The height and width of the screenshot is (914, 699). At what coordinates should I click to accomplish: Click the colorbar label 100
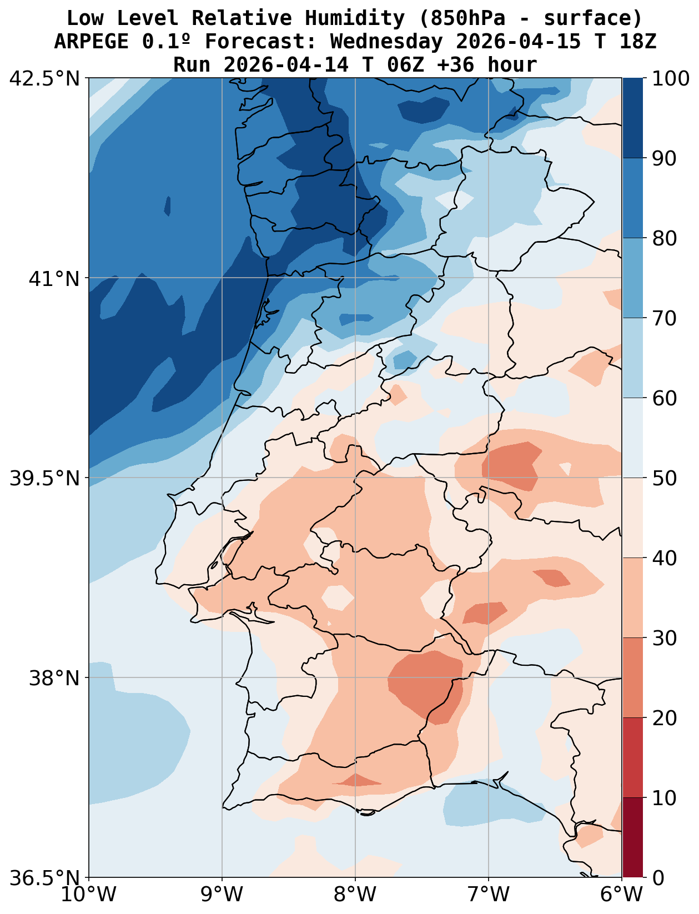point(671,78)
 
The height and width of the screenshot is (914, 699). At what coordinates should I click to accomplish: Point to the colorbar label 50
point(665,478)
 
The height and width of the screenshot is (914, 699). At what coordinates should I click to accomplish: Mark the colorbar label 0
point(658,878)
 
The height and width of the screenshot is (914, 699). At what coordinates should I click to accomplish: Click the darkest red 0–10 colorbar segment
point(632,837)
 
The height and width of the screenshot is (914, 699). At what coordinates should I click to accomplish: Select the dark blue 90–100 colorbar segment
point(632,118)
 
